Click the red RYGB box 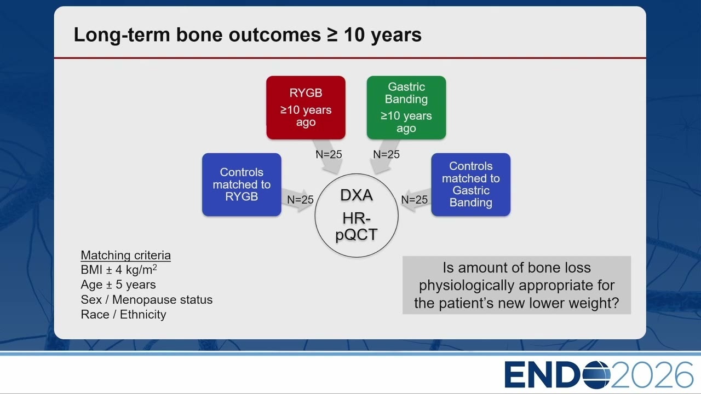coord(306,108)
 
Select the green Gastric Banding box coord(406,108)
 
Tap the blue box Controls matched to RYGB coord(242,184)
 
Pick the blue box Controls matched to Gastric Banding coord(470,184)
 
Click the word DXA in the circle coord(357,195)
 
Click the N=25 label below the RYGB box coord(329,154)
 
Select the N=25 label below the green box coord(386,154)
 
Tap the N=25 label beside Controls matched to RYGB coord(300,200)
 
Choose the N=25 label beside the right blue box coord(415,200)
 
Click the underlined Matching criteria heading coord(126,256)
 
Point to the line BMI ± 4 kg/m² coord(119,270)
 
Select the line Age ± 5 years coord(118,285)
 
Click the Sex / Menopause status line coord(147,299)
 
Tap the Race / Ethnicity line coord(123,314)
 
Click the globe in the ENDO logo coord(596,375)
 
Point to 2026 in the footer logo coord(652,375)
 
